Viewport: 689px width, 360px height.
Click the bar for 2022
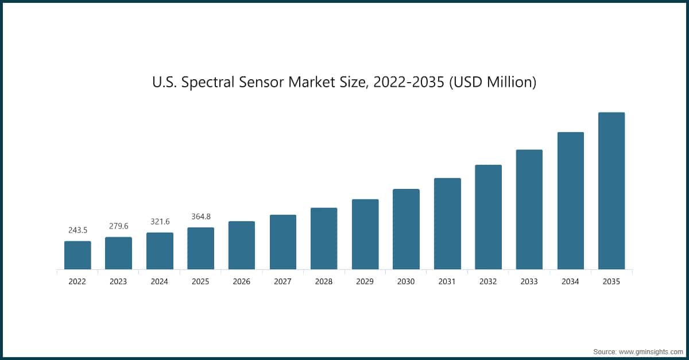pos(78,255)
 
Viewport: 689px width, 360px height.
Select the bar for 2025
pos(200,248)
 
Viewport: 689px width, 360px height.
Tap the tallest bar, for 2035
pos(611,191)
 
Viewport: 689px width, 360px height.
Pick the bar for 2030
pos(406,229)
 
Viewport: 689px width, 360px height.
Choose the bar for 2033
pos(529,210)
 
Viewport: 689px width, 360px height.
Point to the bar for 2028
pos(324,238)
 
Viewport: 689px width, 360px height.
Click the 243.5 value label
pos(78,230)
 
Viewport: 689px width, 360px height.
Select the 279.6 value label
pos(118,226)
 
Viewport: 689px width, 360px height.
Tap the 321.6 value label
pos(160,222)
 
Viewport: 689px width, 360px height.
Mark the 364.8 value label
pos(200,216)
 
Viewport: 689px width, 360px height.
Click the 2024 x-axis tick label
pos(160,282)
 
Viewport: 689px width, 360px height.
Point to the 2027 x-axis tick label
pos(283,282)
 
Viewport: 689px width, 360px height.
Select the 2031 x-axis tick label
pos(447,282)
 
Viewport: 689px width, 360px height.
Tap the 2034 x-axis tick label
pos(571,282)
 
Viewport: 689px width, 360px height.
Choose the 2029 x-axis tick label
pos(365,282)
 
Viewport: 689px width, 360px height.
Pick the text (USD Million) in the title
pos(493,83)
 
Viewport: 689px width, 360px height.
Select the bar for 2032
pos(488,217)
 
